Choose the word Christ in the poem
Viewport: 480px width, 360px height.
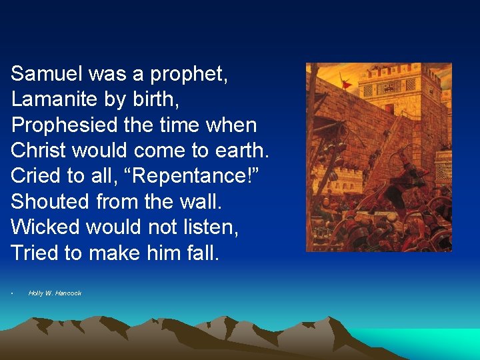[x=40, y=150]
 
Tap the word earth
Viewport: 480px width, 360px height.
[x=242, y=150]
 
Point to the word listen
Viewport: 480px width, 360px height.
[x=210, y=227]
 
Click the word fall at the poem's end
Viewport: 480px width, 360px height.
[x=203, y=253]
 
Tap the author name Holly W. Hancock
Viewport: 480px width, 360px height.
[x=55, y=293]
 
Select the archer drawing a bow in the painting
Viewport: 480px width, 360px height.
[x=393, y=187]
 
